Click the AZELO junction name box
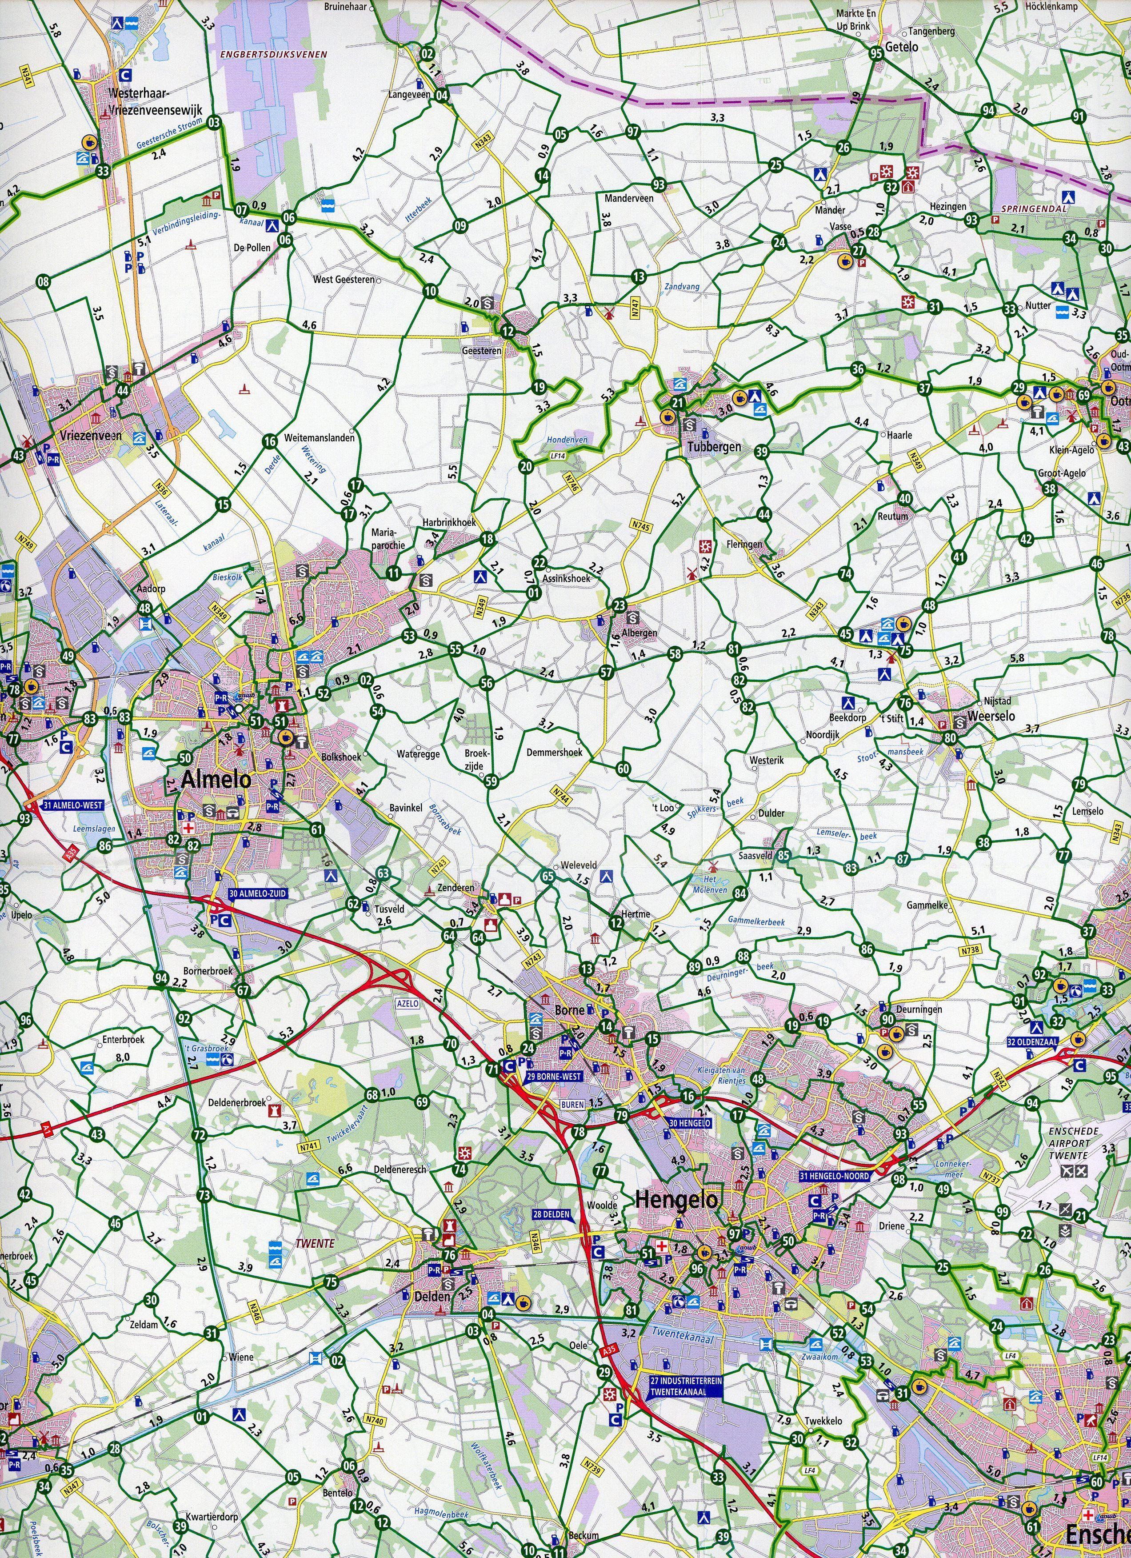click(x=407, y=1003)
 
